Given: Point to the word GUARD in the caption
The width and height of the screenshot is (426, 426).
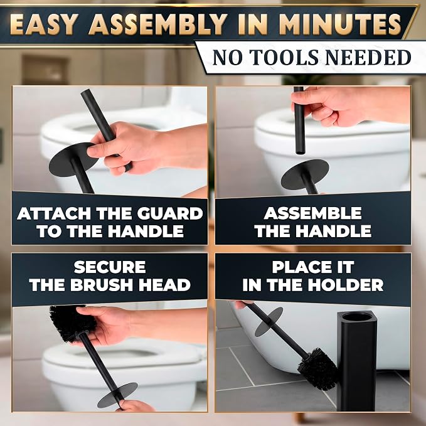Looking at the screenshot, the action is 170,213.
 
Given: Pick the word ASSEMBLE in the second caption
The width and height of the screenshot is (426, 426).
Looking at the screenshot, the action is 312,213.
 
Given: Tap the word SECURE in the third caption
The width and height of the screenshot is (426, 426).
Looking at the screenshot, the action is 110,267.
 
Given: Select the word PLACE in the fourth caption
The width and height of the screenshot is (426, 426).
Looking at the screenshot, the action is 296,267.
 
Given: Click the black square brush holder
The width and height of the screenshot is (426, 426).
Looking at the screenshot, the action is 357,361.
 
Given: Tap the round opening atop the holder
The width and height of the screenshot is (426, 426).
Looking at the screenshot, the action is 357,317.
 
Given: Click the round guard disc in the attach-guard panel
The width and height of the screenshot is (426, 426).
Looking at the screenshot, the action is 73,160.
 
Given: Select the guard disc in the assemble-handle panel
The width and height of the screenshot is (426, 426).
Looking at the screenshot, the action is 305,175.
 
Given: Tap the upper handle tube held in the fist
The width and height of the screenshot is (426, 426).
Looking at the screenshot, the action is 299,120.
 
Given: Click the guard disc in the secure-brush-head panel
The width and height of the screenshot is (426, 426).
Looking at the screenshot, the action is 117,395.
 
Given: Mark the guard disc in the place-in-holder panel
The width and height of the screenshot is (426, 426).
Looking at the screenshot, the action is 269,322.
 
